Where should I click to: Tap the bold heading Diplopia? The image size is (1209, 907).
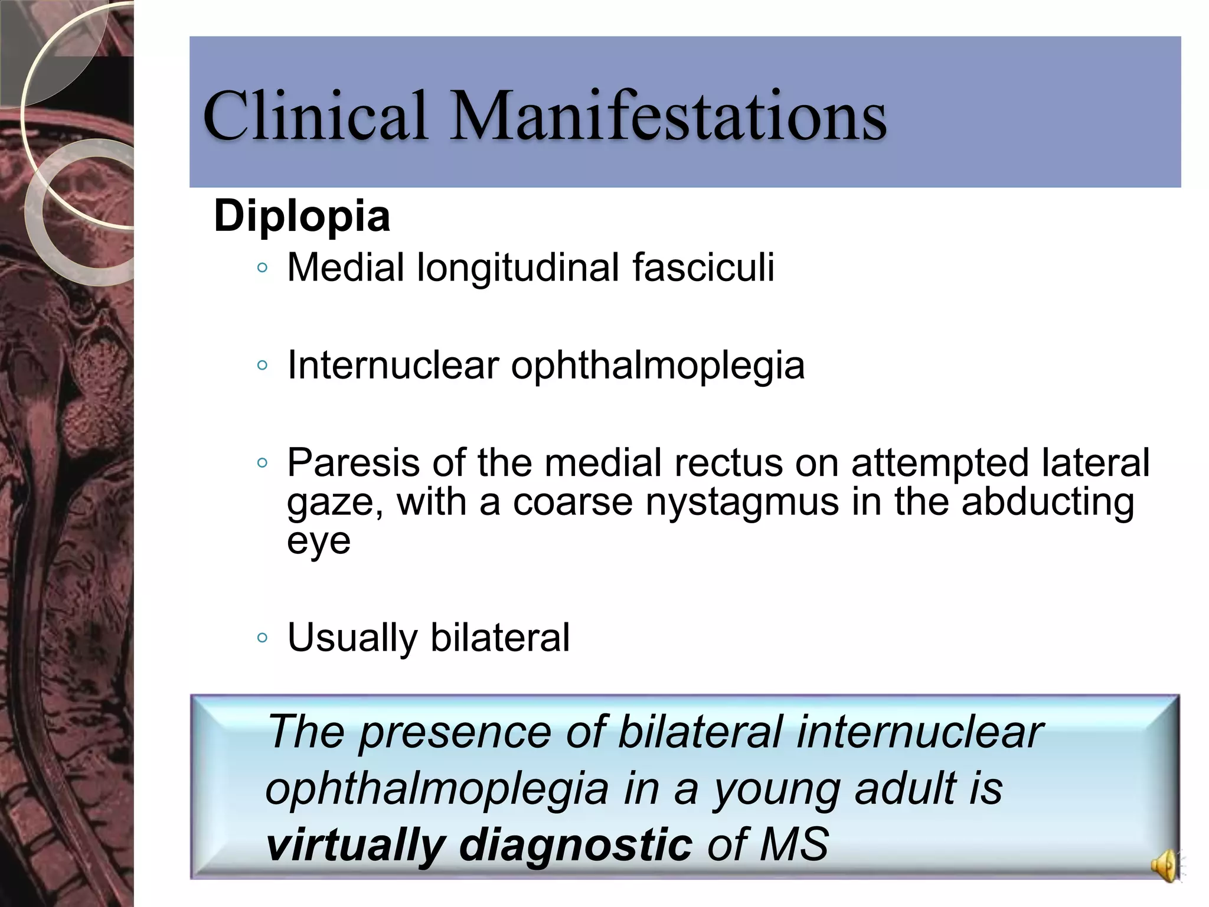click(x=302, y=216)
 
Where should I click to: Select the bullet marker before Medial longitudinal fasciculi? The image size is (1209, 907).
click(x=263, y=269)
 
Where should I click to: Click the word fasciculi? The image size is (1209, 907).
click(x=703, y=267)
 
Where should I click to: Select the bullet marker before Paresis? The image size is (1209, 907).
click(x=263, y=463)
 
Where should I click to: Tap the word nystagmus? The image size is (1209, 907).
click(x=742, y=503)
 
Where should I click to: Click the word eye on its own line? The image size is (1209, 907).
click(x=318, y=541)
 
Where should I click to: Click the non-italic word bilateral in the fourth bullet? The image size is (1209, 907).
click(x=500, y=637)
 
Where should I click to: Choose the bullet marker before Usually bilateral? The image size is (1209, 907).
click(x=263, y=638)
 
